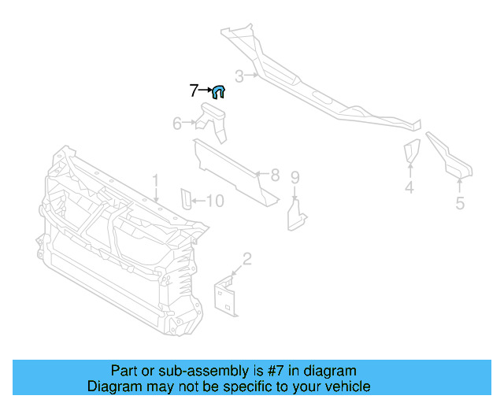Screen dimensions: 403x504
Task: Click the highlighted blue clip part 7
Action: [220, 92]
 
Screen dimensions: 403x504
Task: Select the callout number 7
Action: [194, 91]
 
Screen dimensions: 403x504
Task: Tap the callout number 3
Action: [239, 76]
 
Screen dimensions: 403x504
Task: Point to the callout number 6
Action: [177, 123]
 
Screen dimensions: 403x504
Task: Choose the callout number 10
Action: [214, 201]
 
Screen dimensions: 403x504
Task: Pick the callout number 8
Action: [275, 175]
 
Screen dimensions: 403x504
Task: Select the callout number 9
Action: [295, 177]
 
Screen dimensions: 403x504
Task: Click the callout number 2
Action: [246, 258]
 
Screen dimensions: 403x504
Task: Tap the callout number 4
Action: [409, 187]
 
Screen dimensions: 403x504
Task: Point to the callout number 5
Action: [460, 203]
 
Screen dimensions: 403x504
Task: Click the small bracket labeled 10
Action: [187, 200]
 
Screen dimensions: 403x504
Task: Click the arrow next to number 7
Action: [206, 91]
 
